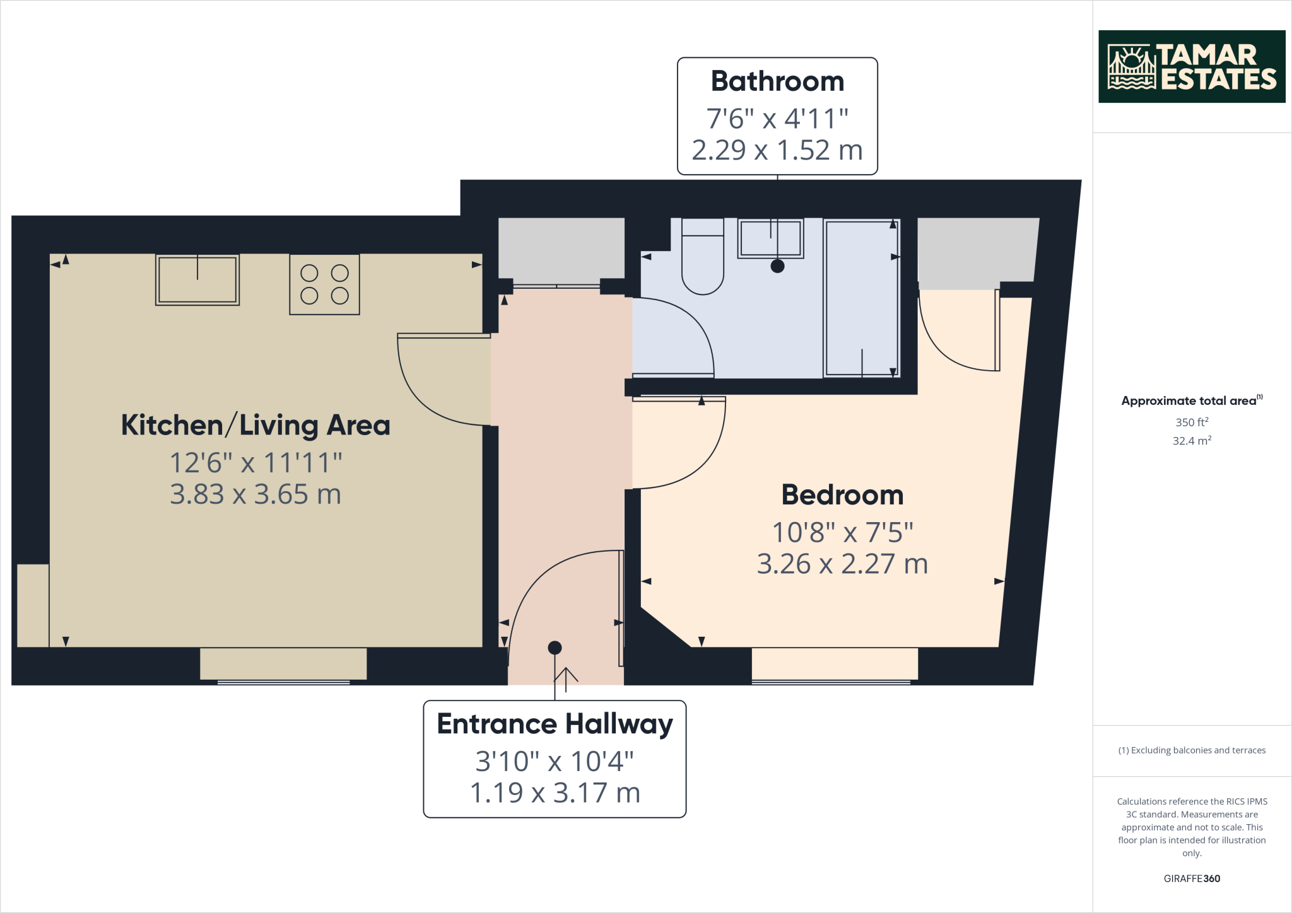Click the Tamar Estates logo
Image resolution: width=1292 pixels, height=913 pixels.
1191,66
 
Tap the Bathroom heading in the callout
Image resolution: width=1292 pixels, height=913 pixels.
777,81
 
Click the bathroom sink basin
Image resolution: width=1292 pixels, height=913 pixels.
770,238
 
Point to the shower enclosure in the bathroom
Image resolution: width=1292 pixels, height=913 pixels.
861,298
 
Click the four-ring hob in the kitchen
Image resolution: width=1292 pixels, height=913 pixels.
324,284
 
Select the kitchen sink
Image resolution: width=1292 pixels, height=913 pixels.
197,280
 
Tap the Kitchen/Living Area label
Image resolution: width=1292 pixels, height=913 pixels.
255,425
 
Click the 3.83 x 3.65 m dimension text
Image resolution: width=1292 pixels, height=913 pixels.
255,494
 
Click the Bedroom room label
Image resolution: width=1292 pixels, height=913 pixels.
842,495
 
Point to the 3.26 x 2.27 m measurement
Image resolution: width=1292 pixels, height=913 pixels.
842,564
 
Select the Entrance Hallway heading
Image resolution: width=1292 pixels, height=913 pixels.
555,724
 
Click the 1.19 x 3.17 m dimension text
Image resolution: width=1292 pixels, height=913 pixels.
555,793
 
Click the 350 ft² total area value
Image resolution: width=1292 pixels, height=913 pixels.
1191,422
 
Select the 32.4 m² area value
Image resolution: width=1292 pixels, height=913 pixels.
1191,441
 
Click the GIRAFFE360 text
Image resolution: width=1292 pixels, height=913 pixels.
1191,878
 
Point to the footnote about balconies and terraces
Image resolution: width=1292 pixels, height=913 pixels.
1191,750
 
